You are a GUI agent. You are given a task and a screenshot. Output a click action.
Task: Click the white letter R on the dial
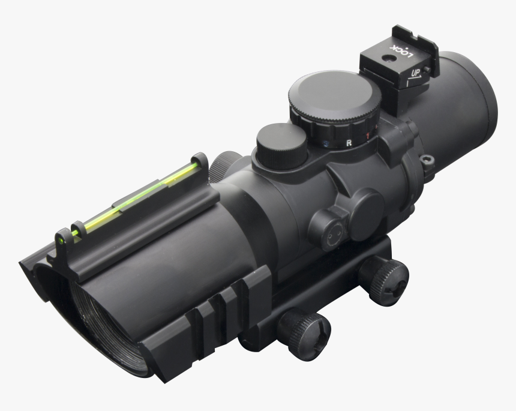(x=349, y=143)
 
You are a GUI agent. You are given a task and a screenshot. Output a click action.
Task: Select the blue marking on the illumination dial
(x=325, y=145)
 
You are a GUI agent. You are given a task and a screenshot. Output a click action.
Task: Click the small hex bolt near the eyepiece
(x=427, y=160)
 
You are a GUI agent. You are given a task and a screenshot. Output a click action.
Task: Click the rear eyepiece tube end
(x=471, y=108)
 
